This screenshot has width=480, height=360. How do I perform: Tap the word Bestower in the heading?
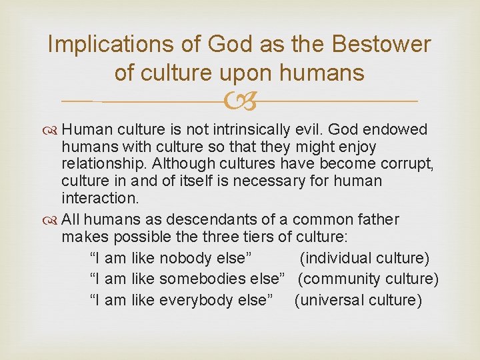(380, 45)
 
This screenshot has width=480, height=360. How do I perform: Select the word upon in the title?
(260, 73)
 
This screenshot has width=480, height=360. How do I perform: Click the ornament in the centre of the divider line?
(240, 101)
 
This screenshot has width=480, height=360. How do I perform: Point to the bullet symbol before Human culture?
(53, 129)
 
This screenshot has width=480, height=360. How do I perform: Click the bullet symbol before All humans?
(53, 220)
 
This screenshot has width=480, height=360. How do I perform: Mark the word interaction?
(98, 199)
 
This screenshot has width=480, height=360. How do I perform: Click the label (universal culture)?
(359, 300)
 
